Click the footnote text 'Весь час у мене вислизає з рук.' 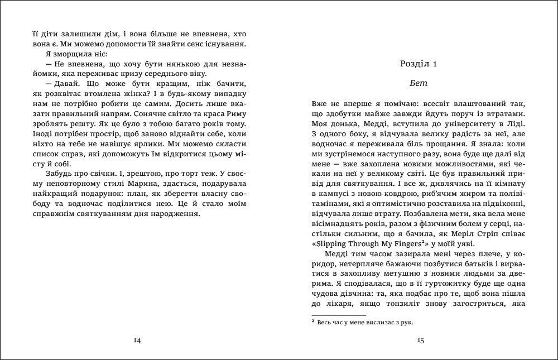tap(368, 322)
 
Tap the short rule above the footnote tap(334, 314)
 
